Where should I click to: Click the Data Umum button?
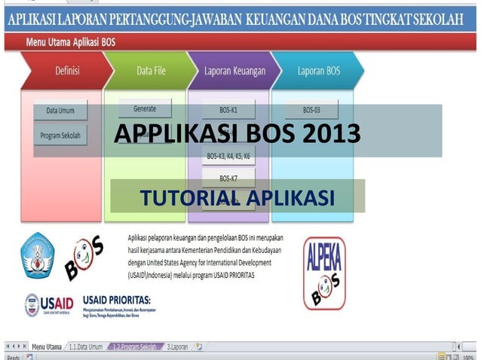click(x=60, y=111)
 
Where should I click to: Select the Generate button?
click(x=145, y=108)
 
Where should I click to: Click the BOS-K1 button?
click(x=228, y=110)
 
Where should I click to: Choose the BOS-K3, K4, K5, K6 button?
click(x=228, y=157)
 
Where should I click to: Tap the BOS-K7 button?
click(x=228, y=178)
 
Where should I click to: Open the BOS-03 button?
click(x=311, y=110)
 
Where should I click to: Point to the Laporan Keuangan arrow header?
click(x=234, y=72)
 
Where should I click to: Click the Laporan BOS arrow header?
click(x=318, y=72)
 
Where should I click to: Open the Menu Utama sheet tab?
click(x=46, y=347)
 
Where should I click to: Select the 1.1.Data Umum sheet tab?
click(x=85, y=347)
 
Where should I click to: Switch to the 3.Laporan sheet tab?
click(x=178, y=347)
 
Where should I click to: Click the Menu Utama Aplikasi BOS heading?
click(x=77, y=41)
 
